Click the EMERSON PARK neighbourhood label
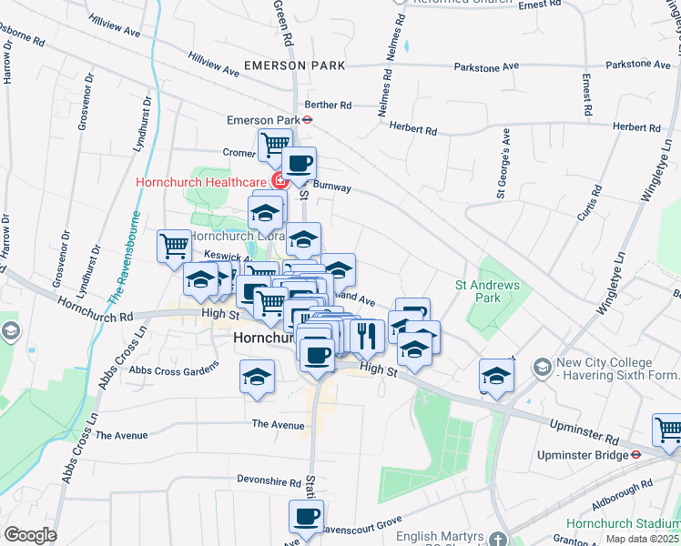(294, 66)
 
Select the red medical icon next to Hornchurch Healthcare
(277, 181)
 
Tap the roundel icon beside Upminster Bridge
(637, 452)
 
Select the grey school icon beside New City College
(542, 366)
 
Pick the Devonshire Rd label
(269, 481)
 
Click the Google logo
(30, 535)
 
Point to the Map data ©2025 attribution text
(642, 539)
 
